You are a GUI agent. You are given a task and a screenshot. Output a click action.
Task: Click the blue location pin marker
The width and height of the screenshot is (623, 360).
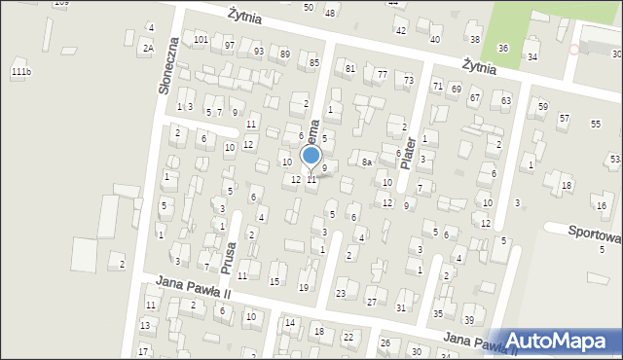311,157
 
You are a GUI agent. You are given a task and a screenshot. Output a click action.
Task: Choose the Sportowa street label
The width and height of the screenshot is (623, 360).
595,235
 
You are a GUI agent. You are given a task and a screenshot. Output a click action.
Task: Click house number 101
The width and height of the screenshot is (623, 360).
201,40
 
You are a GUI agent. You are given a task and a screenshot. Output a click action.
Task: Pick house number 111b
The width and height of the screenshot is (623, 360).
20,72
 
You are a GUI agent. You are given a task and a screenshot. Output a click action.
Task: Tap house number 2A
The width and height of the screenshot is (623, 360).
148,48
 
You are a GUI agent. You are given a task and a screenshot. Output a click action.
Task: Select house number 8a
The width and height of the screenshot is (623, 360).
367,162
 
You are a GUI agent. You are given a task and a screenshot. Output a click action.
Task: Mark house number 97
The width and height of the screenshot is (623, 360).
229,46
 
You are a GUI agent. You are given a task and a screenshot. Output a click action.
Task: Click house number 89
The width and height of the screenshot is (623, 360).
284,54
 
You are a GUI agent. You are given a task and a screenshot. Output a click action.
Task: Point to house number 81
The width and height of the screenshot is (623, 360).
350,68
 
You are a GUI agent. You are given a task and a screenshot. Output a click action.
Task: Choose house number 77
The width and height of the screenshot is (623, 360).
383,75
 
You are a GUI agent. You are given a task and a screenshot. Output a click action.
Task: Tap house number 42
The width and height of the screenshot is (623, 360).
401,31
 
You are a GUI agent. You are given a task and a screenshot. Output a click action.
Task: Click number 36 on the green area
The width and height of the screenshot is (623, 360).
502,48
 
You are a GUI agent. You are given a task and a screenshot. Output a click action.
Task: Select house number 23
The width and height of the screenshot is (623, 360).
341,293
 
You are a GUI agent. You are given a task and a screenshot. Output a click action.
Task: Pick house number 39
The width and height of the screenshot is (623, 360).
468,320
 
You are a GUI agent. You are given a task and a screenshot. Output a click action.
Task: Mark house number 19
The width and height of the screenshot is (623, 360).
303,287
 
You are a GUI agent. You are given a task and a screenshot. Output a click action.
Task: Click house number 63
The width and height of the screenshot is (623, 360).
505,100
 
